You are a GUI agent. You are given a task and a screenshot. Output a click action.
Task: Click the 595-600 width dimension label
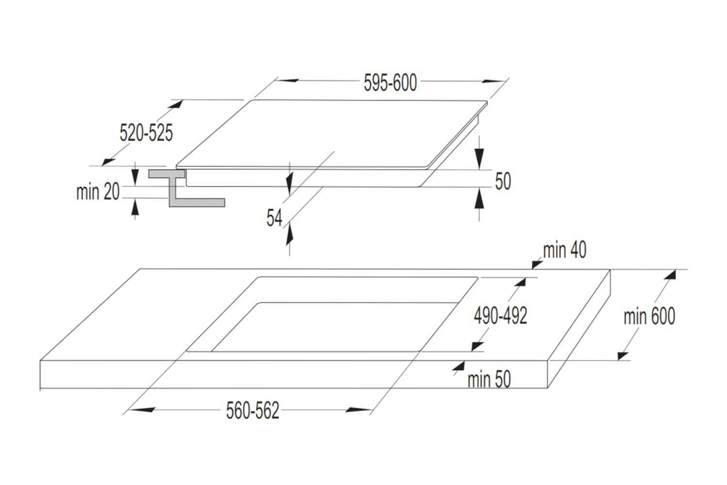click(x=390, y=83)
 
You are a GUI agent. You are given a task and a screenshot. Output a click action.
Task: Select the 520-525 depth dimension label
click(x=146, y=132)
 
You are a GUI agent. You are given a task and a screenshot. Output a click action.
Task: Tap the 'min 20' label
click(x=97, y=192)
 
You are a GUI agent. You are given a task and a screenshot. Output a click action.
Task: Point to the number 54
click(x=274, y=218)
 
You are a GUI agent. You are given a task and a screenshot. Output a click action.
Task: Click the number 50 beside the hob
click(x=503, y=181)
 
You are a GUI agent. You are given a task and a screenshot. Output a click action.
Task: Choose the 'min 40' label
click(x=564, y=250)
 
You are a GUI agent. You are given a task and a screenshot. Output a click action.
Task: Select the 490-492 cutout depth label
click(x=500, y=316)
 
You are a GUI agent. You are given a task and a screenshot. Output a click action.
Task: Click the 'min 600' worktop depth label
click(x=649, y=317)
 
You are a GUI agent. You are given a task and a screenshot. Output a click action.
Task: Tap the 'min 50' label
click(x=489, y=379)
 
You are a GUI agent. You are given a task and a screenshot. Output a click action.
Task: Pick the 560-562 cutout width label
click(x=253, y=411)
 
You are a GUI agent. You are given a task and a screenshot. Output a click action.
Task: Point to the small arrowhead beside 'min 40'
click(x=537, y=263)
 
